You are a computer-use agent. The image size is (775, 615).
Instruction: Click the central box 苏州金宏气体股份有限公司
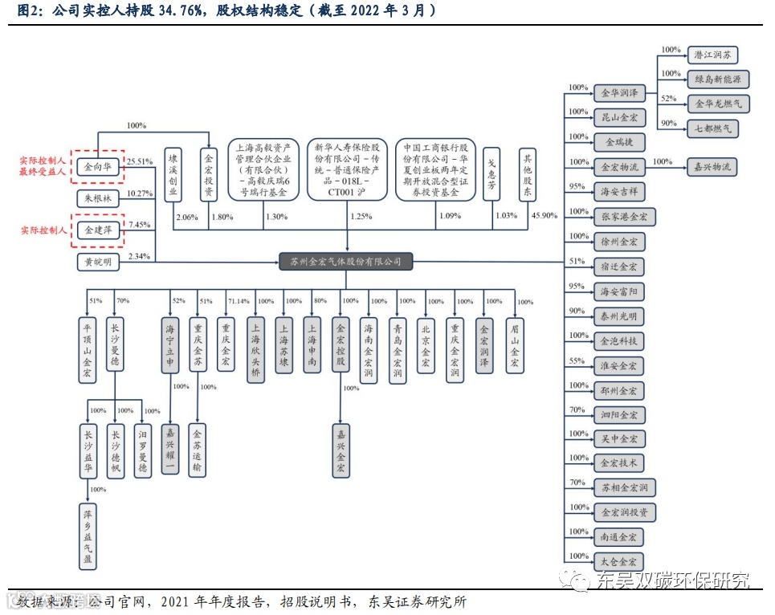point(346,261)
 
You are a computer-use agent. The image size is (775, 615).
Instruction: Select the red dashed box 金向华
point(98,168)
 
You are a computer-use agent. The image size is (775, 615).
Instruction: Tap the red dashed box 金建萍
point(98,230)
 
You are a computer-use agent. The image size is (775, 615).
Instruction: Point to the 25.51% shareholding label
point(140,161)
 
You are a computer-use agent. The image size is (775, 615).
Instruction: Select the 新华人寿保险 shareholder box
point(348,169)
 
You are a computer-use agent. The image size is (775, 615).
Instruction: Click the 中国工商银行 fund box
point(436,169)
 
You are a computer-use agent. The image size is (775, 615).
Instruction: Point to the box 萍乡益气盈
point(88,536)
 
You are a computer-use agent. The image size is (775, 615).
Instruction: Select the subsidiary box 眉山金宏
point(515,346)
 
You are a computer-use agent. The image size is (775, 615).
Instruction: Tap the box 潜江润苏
point(712,55)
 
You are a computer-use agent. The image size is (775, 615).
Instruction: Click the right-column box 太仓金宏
point(618,561)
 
